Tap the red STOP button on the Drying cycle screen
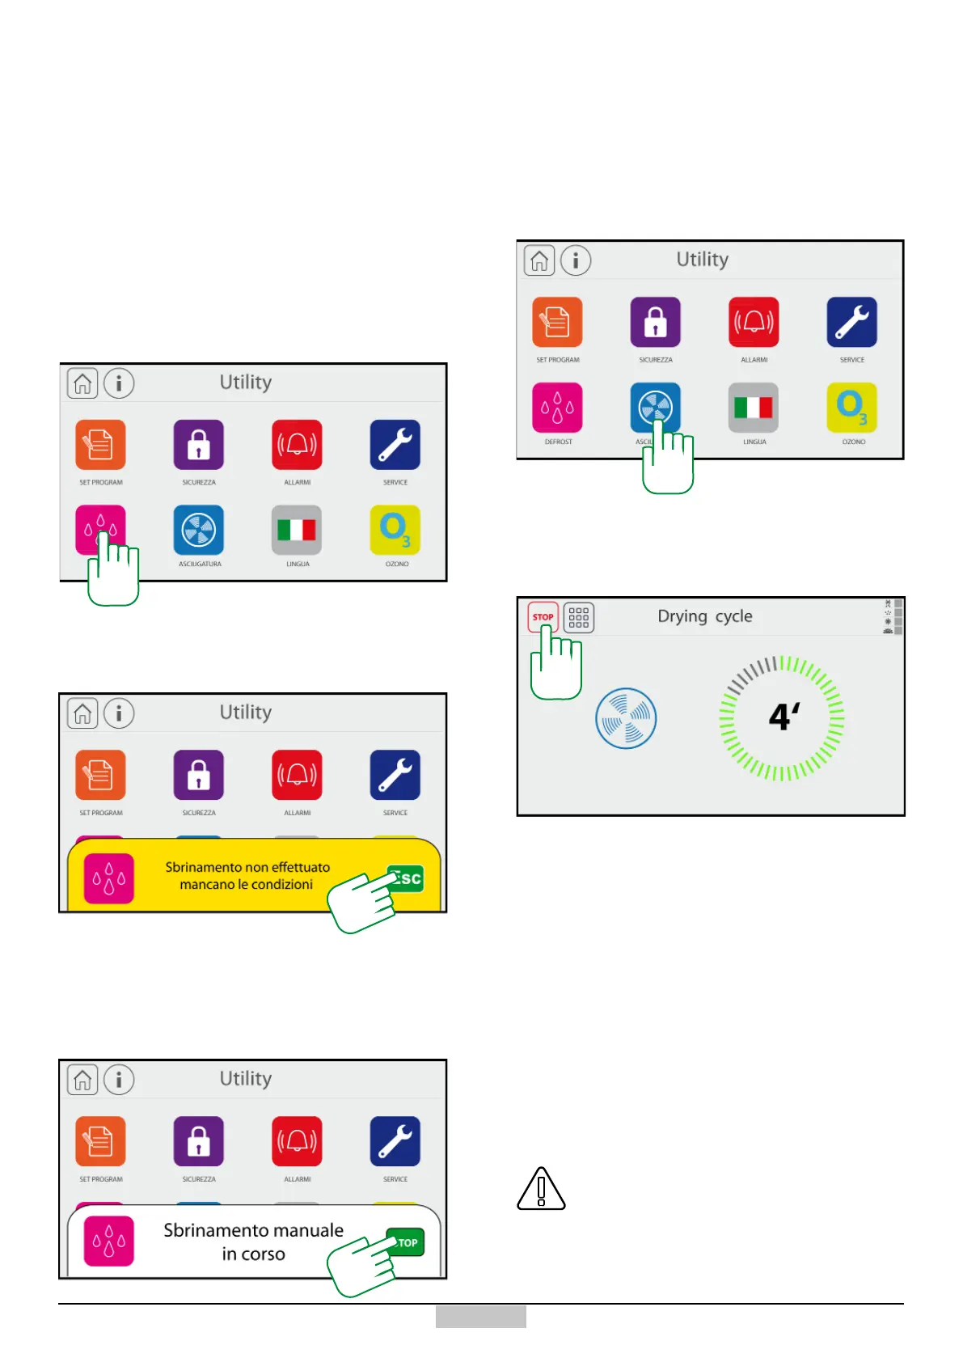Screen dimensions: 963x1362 click(x=543, y=617)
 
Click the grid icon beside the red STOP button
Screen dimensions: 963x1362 click(x=579, y=618)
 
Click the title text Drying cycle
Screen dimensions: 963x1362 click(x=704, y=616)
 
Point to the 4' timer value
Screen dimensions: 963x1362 click(x=783, y=717)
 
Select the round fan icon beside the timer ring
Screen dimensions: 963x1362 click(x=626, y=718)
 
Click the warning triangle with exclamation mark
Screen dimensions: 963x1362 click(x=541, y=1190)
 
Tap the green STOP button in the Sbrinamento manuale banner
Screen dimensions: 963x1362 click(x=407, y=1242)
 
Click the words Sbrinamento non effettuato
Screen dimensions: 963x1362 click(x=247, y=867)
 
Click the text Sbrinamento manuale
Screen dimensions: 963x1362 click(x=253, y=1230)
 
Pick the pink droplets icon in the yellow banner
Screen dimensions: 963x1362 click(x=109, y=878)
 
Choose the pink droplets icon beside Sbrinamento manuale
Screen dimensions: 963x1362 click(x=109, y=1241)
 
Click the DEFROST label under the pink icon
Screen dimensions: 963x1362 click(x=558, y=442)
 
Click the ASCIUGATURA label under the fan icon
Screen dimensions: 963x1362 click(x=200, y=564)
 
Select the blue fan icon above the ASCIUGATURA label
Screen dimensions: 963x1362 click(x=199, y=530)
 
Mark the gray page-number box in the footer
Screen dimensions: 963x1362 click(x=480, y=1317)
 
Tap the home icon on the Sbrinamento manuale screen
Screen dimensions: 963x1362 click(x=82, y=1080)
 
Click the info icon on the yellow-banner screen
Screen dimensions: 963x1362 click(x=119, y=713)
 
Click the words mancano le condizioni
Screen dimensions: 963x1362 click(x=246, y=885)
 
